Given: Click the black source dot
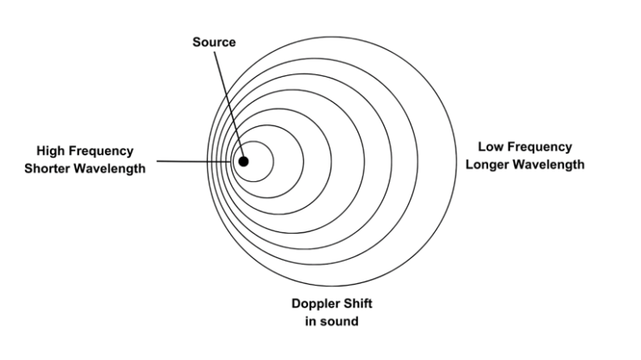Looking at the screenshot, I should tap(243, 160).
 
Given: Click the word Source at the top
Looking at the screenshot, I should tap(215, 43).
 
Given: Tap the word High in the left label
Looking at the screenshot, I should tap(53, 151).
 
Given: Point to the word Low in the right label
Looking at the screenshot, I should tap(492, 148).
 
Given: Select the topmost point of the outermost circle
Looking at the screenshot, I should tap(332, 35).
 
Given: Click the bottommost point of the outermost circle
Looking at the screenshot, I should tap(332, 286).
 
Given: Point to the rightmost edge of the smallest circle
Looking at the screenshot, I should tap(273, 160).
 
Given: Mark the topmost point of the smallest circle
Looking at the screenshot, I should tap(253, 140).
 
